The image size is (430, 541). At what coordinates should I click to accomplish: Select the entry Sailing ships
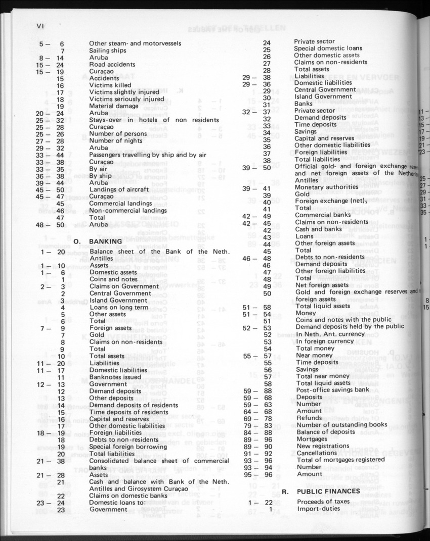point(108,51)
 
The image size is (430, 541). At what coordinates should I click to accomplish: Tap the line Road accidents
point(112,65)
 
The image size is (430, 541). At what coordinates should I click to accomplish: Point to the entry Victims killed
point(109,86)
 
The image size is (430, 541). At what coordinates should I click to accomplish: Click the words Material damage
point(114,107)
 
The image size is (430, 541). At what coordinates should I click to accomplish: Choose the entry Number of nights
point(115,141)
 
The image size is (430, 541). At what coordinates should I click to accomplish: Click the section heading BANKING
point(106,241)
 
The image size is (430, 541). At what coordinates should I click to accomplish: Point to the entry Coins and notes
point(113,279)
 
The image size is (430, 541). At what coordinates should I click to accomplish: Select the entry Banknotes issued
point(115,377)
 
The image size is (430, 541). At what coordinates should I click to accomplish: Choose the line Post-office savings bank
point(333,389)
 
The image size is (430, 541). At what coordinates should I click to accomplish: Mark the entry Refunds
point(310,418)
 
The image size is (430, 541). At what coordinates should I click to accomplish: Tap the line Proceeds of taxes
point(323,502)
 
